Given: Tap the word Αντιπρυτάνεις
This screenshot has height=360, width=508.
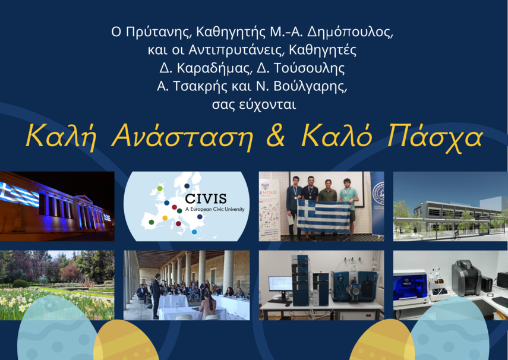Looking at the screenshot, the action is tap(235, 50).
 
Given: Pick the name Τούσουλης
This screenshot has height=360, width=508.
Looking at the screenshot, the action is tap(309, 68).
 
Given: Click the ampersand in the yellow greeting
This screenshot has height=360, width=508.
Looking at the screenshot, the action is tap(276, 135).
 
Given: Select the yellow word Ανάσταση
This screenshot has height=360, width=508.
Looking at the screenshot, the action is tap(182, 137).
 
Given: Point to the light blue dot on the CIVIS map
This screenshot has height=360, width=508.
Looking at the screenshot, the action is tap(194, 232).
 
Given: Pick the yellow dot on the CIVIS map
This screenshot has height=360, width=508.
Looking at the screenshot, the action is tap(165, 218).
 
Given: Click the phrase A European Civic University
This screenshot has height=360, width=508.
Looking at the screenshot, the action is tap(215, 209).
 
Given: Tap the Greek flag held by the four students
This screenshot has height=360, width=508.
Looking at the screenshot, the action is tap(324, 215).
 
